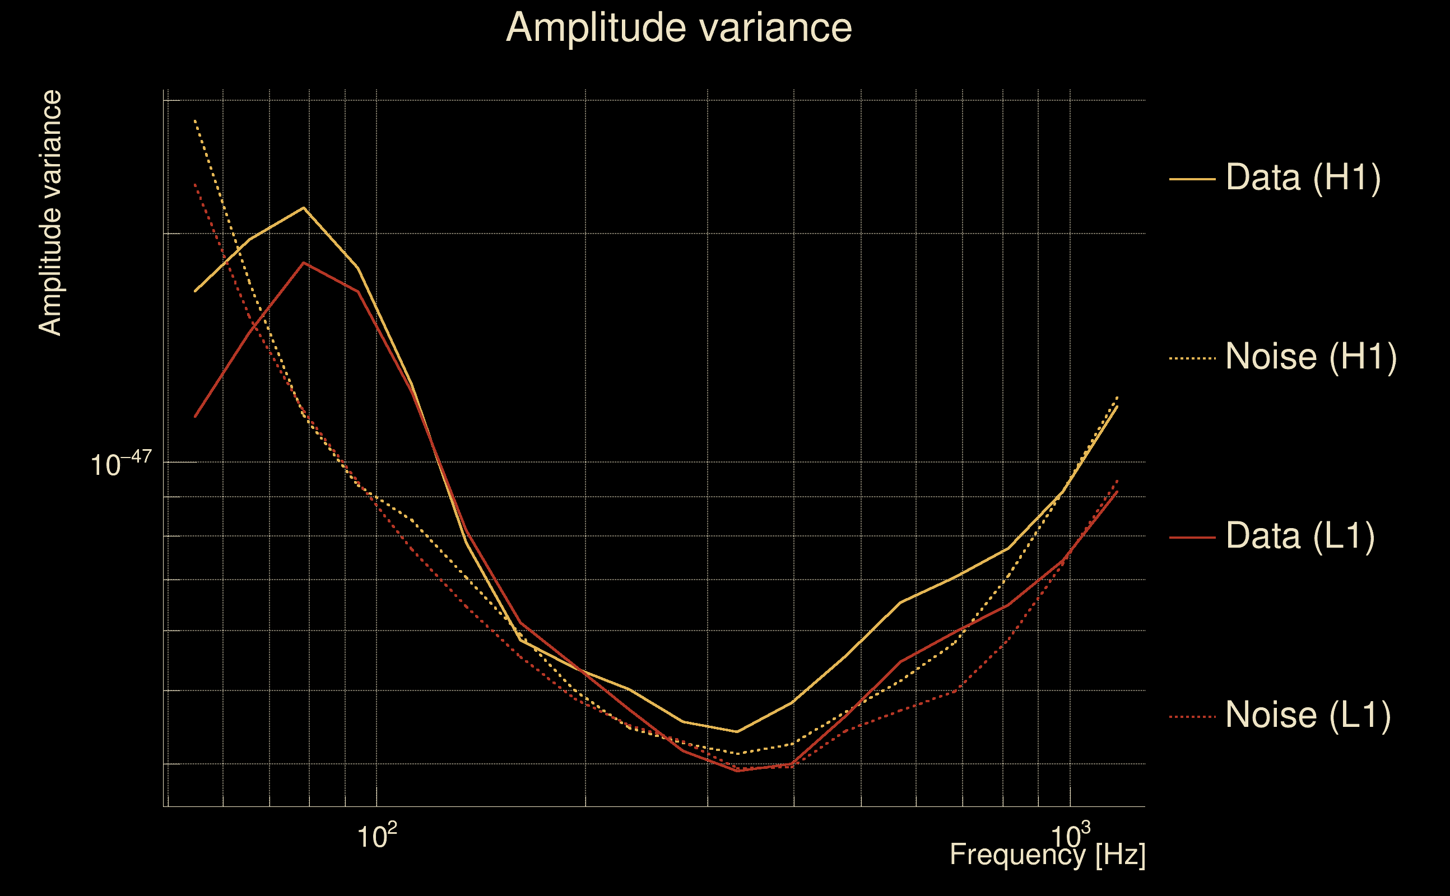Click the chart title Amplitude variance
point(678,28)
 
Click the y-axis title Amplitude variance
point(50,213)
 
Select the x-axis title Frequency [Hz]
point(1047,855)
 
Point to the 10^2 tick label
point(377,836)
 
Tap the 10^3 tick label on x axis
point(1070,836)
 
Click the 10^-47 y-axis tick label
point(121,464)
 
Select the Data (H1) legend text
point(1303,177)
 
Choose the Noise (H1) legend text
point(1310,357)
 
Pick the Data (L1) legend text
point(1299,536)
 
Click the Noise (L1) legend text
point(1308,715)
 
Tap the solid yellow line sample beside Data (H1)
point(1192,179)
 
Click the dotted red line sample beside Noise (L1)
point(1192,717)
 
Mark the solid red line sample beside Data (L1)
point(1192,538)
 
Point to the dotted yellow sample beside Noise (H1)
point(1192,358)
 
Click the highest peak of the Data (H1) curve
point(304,208)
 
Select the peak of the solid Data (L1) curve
point(304,263)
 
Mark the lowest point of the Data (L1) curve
point(737,771)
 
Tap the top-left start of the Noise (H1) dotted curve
point(195,121)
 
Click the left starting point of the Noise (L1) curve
point(195,184)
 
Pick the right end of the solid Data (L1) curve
point(1117,491)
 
